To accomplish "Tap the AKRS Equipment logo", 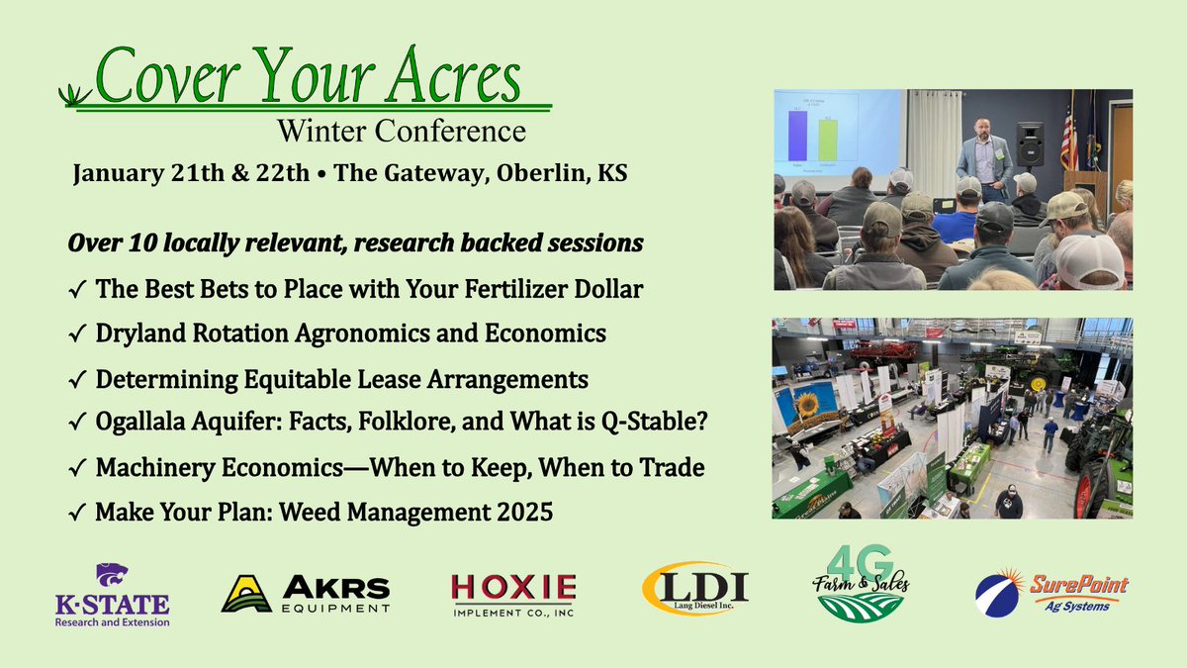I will [306, 593].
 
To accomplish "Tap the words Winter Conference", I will [401, 130].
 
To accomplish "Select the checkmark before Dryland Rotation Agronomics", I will [78, 334].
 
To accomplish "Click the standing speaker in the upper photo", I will [984, 158].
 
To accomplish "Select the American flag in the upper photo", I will [1069, 134].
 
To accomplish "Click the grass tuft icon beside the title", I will [74, 95].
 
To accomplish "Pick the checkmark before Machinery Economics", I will [78, 467].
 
